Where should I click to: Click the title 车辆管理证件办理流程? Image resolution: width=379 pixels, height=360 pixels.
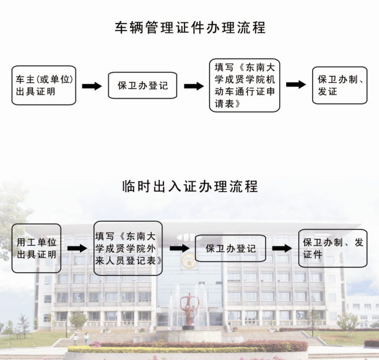(190, 28)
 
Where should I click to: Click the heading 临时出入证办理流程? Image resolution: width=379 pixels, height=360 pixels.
(190, 186)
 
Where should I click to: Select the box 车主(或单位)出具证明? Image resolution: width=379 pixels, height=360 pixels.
(45, 86)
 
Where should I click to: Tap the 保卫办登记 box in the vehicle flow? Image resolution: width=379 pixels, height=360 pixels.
(142, 86)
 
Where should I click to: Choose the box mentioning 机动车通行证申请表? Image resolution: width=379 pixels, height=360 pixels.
(245, 85)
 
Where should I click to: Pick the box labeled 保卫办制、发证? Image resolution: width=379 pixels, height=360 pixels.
(339, 85)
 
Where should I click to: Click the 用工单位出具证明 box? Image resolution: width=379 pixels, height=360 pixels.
(37, 248)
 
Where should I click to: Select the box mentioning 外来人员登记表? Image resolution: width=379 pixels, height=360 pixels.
(128, 248)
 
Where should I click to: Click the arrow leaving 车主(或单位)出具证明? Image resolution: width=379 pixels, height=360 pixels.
(92, 86)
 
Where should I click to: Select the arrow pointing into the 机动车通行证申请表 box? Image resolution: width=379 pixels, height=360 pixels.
(193, 86)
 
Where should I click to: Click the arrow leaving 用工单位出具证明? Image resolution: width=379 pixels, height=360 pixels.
(77, 248)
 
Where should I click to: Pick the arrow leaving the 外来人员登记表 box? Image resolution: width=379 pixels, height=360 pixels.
(179, 248)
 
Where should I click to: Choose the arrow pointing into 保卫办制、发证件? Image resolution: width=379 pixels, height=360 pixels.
(282, 248)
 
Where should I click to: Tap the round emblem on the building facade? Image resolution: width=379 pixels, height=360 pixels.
(188, 260)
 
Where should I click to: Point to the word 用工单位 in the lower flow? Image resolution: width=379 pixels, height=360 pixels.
(37, 242)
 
